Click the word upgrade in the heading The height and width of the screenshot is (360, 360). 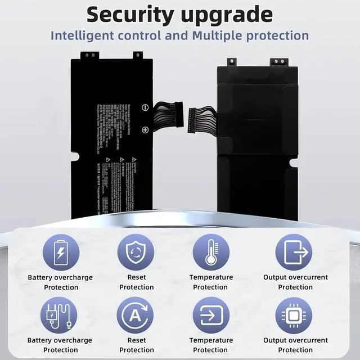(227, 15)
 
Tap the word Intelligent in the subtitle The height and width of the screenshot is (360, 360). (85, 35)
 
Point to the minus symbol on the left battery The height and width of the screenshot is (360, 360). (145, 107)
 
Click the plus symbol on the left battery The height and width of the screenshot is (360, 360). (145, 129)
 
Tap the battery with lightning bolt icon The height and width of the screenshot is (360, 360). (60, 252)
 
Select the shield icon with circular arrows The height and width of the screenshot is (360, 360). (136, 252)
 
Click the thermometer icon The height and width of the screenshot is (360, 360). (210, 252)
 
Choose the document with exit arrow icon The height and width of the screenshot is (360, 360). (295, 252)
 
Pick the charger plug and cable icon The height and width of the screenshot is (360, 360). (60, 316)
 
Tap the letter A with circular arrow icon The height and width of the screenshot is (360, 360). (136, 316)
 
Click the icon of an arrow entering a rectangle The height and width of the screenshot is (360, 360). (210, 316)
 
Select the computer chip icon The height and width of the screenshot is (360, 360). (295, 316)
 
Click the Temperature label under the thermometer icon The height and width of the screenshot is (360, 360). (211, 277)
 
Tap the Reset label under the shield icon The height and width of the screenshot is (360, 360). (136, 277)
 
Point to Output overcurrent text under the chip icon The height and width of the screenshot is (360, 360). (295, 340)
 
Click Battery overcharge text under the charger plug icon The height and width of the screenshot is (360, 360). (60, 340)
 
